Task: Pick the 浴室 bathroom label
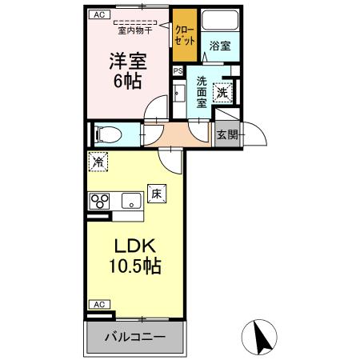click(220, 46)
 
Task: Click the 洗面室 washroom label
click(202, 90)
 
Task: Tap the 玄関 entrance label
click(227, 134)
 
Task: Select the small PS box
click(177, 70)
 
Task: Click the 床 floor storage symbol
click(157, 194)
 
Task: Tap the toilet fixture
click(105, 134)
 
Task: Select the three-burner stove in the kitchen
click(98, 201)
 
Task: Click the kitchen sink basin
click(127, 201)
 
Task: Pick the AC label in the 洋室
click(97, 14)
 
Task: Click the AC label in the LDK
click(98, 305)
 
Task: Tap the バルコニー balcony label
click(135, 338)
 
